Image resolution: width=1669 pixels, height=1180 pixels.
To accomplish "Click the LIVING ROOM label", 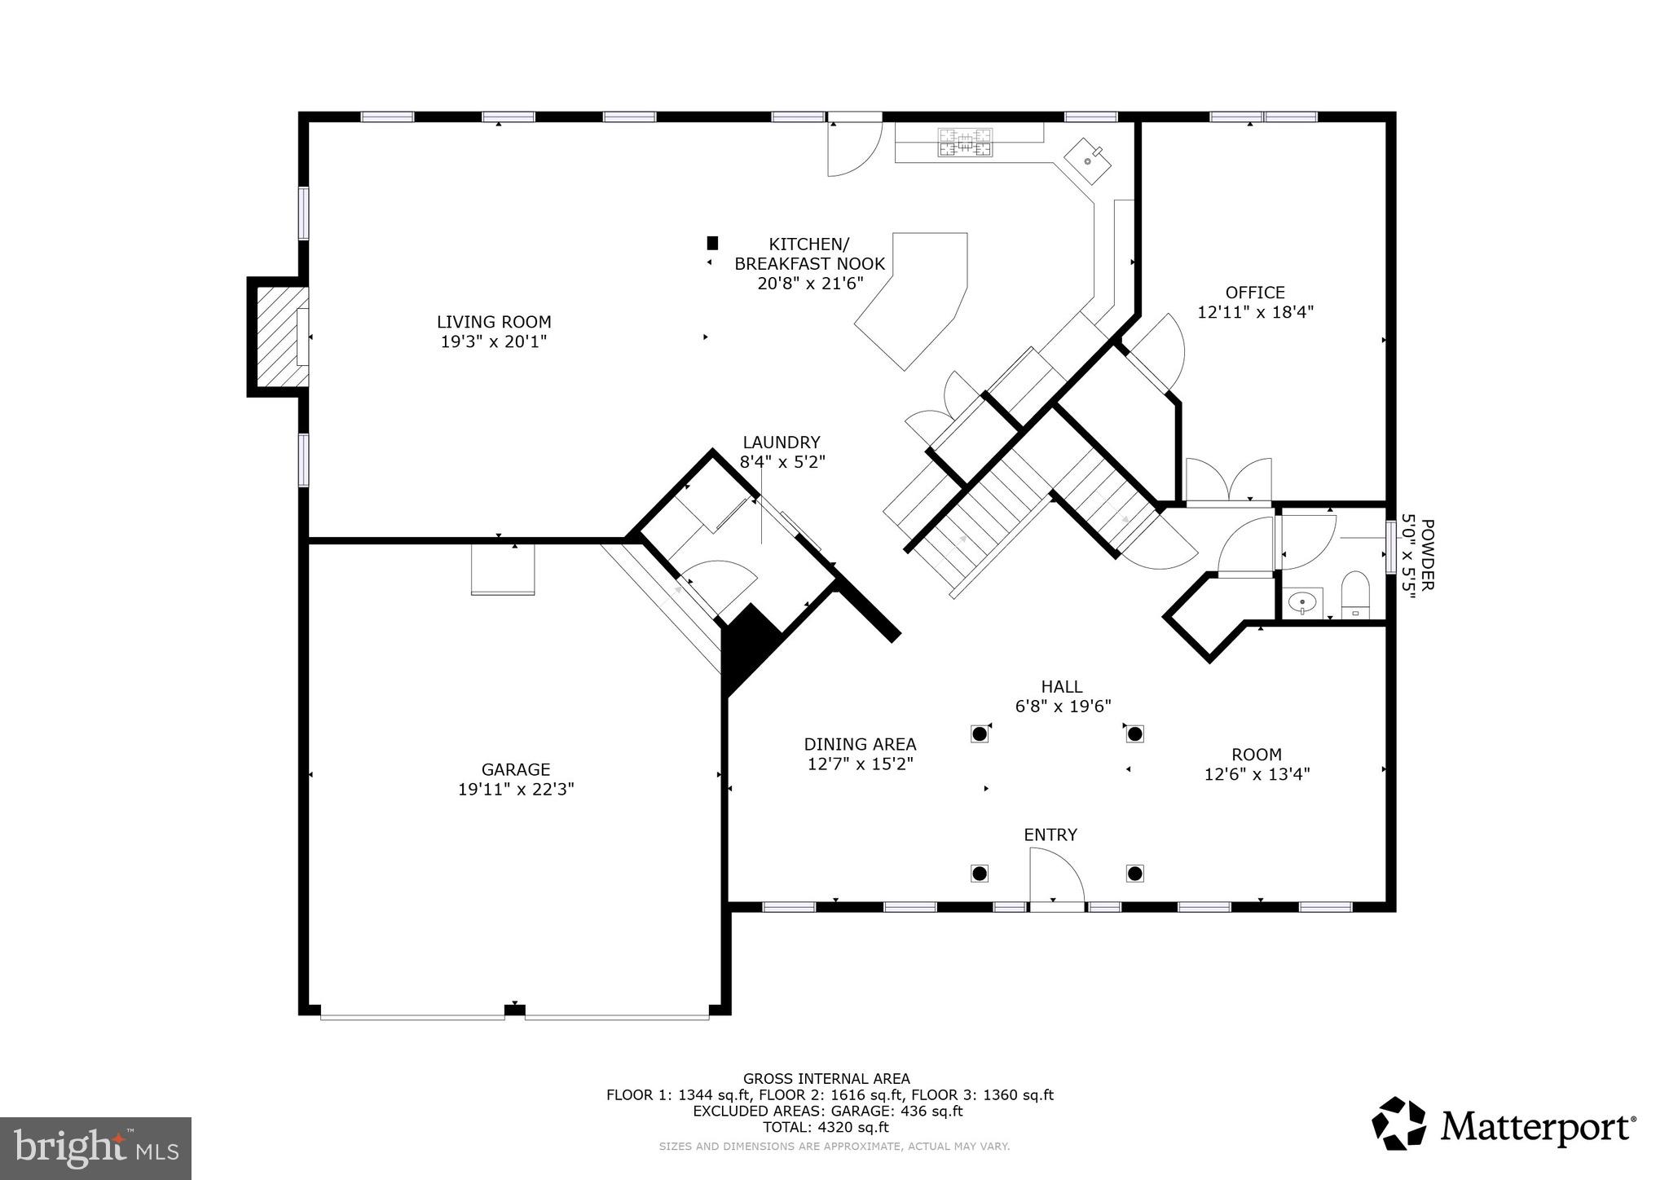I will click(494, 322).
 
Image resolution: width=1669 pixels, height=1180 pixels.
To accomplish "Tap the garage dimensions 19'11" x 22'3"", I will click(516, 789).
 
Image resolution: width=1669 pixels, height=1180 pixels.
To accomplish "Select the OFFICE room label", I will click(1255, 293).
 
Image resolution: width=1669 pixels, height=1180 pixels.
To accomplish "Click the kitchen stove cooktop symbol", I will click(966, 143).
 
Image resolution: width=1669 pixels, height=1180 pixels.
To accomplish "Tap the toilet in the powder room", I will click(1356, 596).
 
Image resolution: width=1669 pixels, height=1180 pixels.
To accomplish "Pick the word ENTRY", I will click(1050, 835).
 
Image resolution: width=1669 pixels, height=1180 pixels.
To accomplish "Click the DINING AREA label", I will click(860, 744).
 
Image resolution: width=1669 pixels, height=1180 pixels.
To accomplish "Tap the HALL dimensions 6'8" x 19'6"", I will click(1063, 707).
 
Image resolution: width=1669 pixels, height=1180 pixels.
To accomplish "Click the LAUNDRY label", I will click(781, 442).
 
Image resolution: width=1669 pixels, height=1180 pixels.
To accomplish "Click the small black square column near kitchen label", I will click(712, 243).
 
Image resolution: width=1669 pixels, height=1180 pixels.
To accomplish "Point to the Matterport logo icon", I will click(1398, 1124).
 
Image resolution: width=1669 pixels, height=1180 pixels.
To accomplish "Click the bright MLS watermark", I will click(96, 1148).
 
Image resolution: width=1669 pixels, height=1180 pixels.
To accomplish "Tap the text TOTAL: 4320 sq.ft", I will click(826, 1128).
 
